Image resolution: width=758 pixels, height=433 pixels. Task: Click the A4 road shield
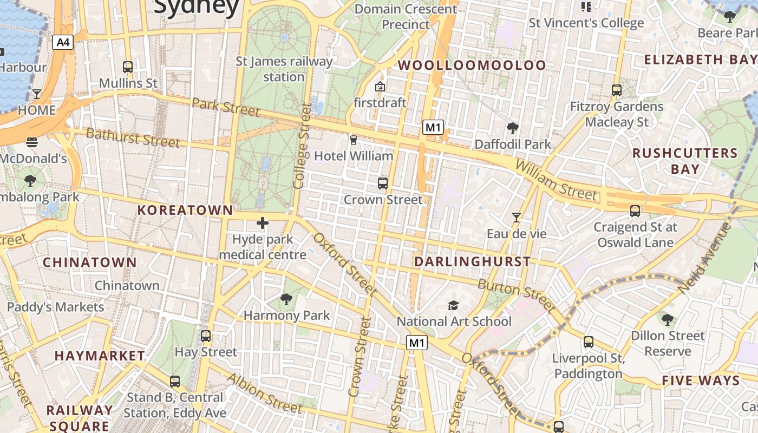click(63, 42)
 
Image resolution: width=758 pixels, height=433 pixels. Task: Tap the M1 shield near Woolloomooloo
click(433, 128)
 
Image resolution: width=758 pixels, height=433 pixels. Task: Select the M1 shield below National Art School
click(417, 343)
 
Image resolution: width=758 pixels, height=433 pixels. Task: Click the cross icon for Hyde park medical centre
click(263, 222)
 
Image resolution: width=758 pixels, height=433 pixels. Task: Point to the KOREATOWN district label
click(185, 210)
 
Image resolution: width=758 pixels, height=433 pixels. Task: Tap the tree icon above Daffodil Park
click(512, 128)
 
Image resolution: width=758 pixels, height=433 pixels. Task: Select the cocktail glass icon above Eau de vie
click(517, 218)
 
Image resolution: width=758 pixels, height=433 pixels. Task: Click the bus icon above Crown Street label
click(383, 183)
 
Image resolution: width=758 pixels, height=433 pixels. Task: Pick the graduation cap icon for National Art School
click(453, 305)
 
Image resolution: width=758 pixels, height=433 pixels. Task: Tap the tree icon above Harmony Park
click(286, 299)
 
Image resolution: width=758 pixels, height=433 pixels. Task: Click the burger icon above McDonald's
click(32, 142)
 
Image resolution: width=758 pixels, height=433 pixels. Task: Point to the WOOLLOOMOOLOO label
click(472, 65)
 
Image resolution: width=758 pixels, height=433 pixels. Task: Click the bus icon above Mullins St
click(128, 67)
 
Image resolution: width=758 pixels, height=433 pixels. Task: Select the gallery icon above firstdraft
click(380, 87)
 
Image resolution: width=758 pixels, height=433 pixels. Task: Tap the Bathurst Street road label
click(133, 137)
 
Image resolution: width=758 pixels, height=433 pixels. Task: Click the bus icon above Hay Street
click(206, 336)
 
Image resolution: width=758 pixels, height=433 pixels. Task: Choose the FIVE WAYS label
click(701, 380)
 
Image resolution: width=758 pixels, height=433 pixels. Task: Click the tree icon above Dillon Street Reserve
click(668, 319)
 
